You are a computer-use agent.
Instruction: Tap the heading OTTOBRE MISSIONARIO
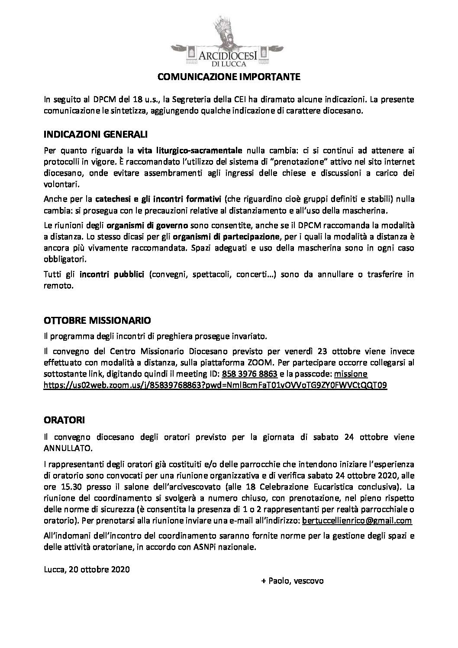pos(97,321)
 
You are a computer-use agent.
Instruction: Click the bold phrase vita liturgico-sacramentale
pos(190,151)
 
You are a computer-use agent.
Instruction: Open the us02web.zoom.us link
pos(215,385)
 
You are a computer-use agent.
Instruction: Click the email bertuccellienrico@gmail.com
pos(357,521)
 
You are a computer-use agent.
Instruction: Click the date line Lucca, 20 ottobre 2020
pos(87,570)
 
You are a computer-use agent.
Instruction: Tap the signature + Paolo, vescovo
pos(292,581)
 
